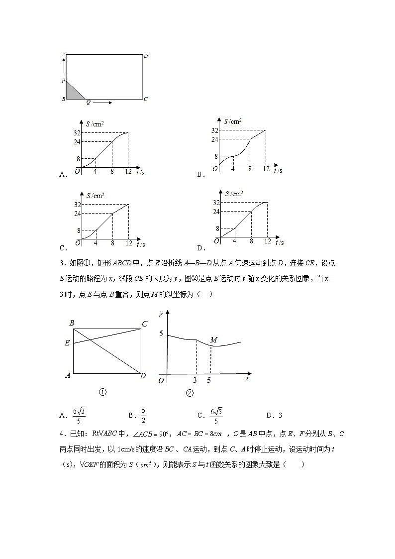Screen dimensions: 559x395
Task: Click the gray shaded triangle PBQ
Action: pos(73,93)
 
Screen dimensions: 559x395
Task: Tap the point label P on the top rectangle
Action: pos(63,80)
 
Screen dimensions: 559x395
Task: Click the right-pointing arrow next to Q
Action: pos(102,103)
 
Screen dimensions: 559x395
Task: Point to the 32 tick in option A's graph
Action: pos(77,133)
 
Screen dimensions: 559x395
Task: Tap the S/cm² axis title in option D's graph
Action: pos(234,193)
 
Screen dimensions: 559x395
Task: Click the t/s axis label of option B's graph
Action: pos(278,170)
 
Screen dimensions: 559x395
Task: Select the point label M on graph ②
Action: pos(213,340)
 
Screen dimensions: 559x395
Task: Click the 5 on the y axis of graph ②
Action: pos(160,334)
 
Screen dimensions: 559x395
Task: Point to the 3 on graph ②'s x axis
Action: pos(195,380)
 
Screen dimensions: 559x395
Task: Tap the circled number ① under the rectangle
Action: pos(102,392)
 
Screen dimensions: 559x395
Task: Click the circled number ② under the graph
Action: pos(190,393)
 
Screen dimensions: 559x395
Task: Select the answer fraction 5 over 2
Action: pos(143,415)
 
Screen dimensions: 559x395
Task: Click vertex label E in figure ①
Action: pos(67,343)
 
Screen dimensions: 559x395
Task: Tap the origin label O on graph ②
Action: pos(161,381)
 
